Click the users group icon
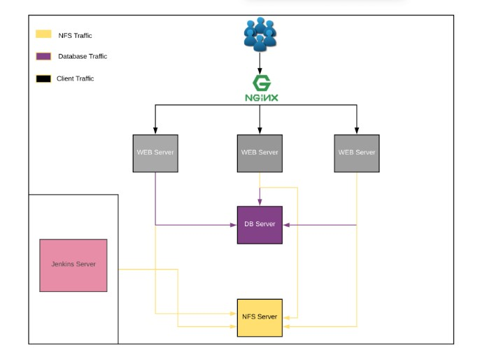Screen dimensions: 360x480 coord(260,34)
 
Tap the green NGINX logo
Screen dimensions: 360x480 coord(260,89)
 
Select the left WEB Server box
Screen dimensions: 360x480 coord(155,153)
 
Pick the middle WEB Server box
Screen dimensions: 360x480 coord(260,153)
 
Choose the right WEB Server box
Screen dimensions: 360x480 coord(356,153)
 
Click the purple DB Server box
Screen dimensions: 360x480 coord(260,224)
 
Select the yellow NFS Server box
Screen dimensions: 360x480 coord(260,317)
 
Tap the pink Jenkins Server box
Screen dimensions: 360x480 coord(73,265)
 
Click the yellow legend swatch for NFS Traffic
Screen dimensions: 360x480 coord(43,34)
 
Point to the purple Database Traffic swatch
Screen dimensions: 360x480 coord(43,57)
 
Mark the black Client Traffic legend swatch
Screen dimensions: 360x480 coord(43,78)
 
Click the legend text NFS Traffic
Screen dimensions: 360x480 coord(75,35)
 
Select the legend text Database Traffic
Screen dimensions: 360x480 coord(83,57)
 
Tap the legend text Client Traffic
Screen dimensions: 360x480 coord(76,78)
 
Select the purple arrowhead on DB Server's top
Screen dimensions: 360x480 coord(260,202)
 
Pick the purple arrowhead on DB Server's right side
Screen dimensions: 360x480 coord(286,225)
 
